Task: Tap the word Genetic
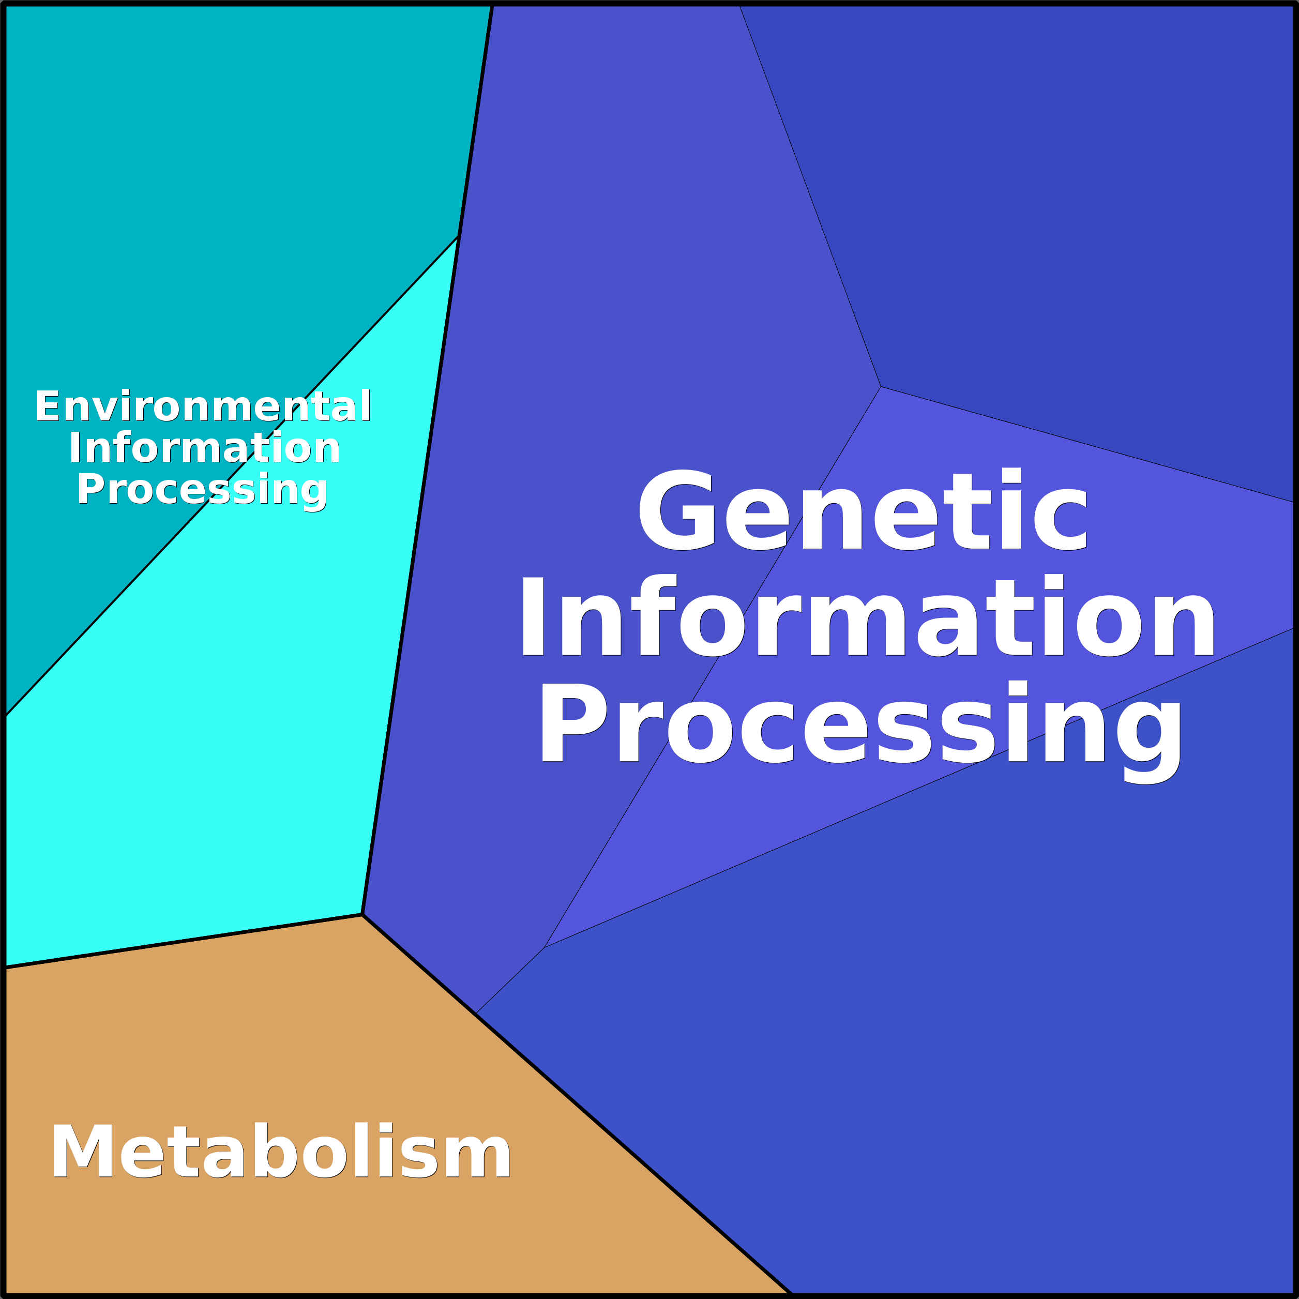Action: tap(863, 511)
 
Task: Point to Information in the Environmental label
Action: tap(204, 448)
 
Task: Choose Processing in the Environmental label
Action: tap(202, 490)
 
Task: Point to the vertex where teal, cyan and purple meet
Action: tap(458, 237)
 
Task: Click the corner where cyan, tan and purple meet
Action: tap(362, 914)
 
